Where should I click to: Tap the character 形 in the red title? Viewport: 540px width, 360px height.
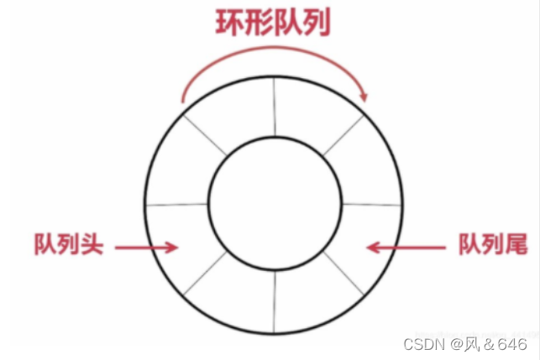(x=260, y=23)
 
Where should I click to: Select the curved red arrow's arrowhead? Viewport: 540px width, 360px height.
(x=364, y=97)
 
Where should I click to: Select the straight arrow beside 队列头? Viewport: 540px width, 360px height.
(x=148, y=247)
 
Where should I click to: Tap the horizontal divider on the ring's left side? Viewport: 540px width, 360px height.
(x=177, y=204)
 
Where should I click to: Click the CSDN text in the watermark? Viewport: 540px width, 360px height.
(x=422, y=344)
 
